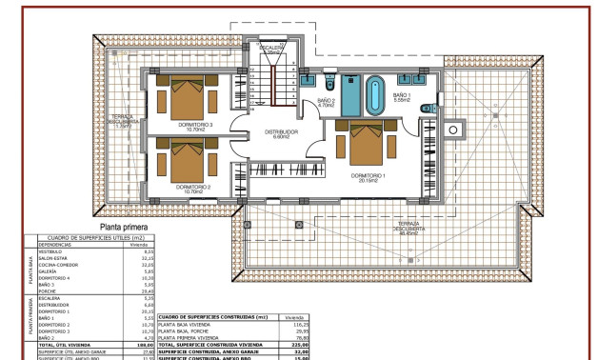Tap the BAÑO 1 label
[x=402, y=95]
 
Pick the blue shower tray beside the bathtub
[x=350, y=95]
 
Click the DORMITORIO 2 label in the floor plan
[x=193, y=188]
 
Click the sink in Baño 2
[x=308, y=81]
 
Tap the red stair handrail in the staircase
[x=273, y=86]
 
